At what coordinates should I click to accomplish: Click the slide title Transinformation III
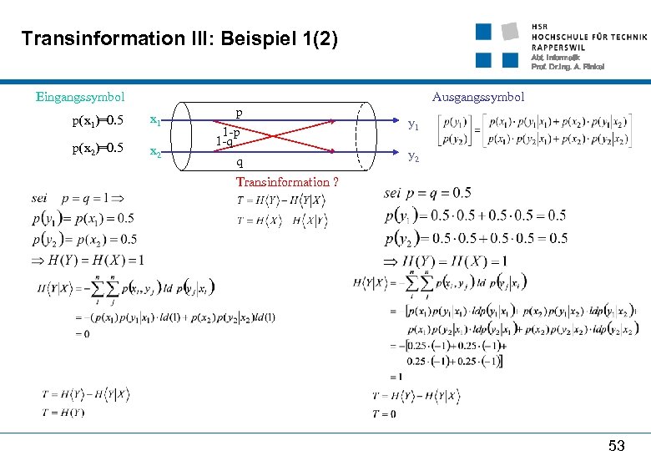(x=179, y=38)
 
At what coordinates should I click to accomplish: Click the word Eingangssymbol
(x=80, y=98)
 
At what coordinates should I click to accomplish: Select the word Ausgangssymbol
(x=478, y=97)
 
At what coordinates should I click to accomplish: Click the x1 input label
(x=155, y=120)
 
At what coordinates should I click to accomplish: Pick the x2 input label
(x=155, y=152)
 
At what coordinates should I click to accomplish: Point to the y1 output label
(x=412, y=125)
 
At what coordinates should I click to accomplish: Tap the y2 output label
(x=412, y=156)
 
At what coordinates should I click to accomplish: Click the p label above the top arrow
(x=239, y=113)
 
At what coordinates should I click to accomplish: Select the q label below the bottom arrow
(x=240, y=162)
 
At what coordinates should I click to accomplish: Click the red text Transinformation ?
(x=287, y=182)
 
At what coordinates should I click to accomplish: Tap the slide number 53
(x=616, y=445)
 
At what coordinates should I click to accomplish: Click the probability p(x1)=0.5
(x=98, y=121)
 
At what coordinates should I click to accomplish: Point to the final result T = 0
(x=384, y=413)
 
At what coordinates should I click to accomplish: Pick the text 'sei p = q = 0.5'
(x=427, y=194)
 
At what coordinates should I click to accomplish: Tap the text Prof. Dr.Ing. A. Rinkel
(x=568, y=67)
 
